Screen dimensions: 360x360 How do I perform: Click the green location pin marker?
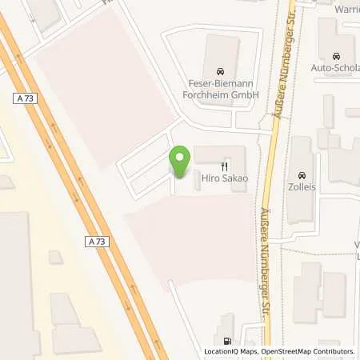tap(180, 162)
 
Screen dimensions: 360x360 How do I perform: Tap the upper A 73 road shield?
tap(26, 98)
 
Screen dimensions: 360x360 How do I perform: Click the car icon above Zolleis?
tap(302, 175)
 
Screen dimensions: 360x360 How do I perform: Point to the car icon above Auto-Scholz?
tap(336, 56)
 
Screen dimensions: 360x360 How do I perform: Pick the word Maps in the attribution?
tap(246, 352)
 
